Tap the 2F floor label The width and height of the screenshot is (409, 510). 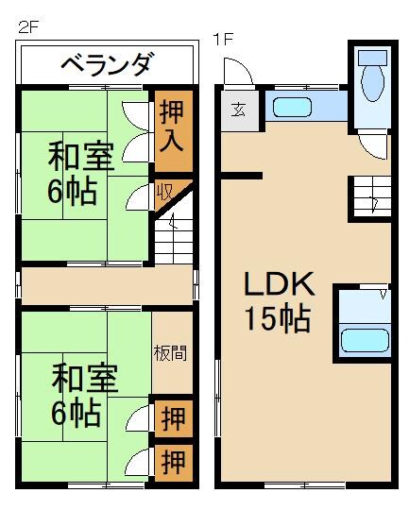point(26,25)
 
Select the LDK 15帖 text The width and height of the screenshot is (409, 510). point(279,301)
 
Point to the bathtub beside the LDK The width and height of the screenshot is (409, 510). point(364,338)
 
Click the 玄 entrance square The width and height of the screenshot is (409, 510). point(236,107)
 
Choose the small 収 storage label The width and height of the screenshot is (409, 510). point(163,192)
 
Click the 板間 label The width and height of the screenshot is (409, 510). point(170,353)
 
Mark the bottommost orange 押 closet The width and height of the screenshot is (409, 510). point(173,462)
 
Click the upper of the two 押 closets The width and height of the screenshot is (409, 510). point(173,416)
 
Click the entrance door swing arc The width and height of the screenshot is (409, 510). point(236,71)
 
